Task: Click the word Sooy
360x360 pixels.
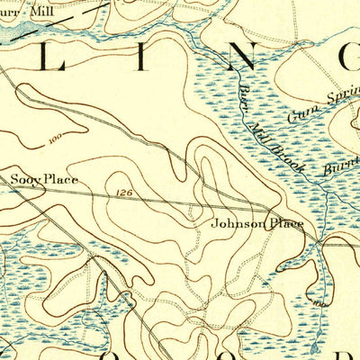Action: (25, 180)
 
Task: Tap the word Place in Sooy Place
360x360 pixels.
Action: (60, 180)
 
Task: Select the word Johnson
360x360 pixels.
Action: (237, 224)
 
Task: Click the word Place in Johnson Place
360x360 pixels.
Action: (285, 224)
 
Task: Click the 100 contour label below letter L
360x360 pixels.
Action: (57, 139)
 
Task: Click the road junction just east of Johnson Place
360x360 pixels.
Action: (317, 241)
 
